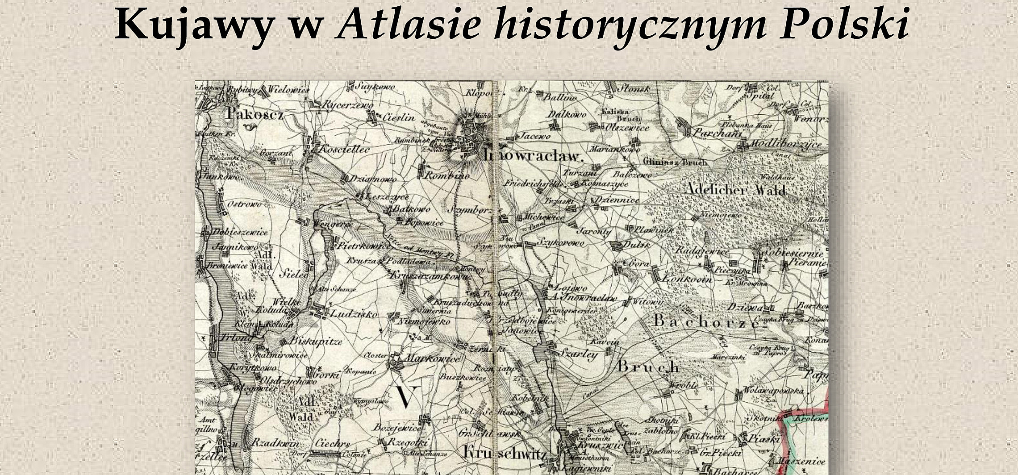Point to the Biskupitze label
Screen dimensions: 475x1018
pyautogui.click(x=316, y=342)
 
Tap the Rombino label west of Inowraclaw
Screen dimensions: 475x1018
pyautogui.click(x=446, y=175)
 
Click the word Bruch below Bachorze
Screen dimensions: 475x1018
pyautogui.click(x=648, y=367)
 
